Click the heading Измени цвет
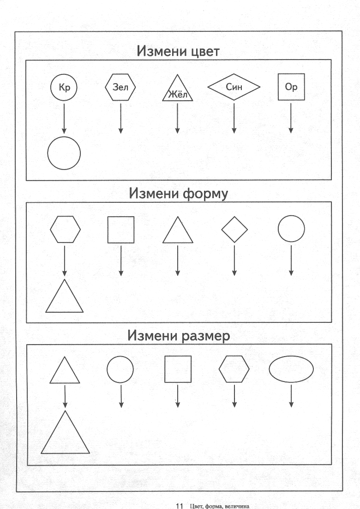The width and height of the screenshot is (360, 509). point(178,51)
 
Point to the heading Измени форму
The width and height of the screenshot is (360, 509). point(178,194)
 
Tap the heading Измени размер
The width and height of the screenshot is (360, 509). point(178,336)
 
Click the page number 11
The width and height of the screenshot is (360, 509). point(180,505)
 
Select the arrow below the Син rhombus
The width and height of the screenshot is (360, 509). point(234,118)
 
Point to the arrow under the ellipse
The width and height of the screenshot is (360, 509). point(291,396)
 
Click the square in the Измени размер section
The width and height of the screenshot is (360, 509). point(165,369)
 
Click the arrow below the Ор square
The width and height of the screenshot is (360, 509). point(291,118)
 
